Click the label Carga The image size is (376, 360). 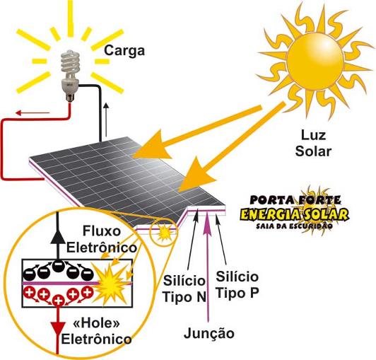(x=124, y=51)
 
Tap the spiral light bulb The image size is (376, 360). (x=70, y=75)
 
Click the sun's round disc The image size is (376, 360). (x=315, y=62)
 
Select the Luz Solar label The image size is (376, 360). (x=313, y=144)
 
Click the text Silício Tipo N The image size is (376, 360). (x=184, y=289)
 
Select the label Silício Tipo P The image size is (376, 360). (x=237, y=284)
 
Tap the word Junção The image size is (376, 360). (x=209, y=333)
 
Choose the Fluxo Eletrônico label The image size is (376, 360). (x=102, y=239)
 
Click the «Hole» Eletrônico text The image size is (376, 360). (x=97, y=332)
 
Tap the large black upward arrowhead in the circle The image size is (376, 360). (x=57, y=238)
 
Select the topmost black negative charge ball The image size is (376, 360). (x=57, y=266)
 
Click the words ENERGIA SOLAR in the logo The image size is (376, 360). (x=294, y=214)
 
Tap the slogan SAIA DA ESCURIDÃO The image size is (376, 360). (x=294, y=226)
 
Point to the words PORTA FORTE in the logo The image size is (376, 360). (x=295, y=200)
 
